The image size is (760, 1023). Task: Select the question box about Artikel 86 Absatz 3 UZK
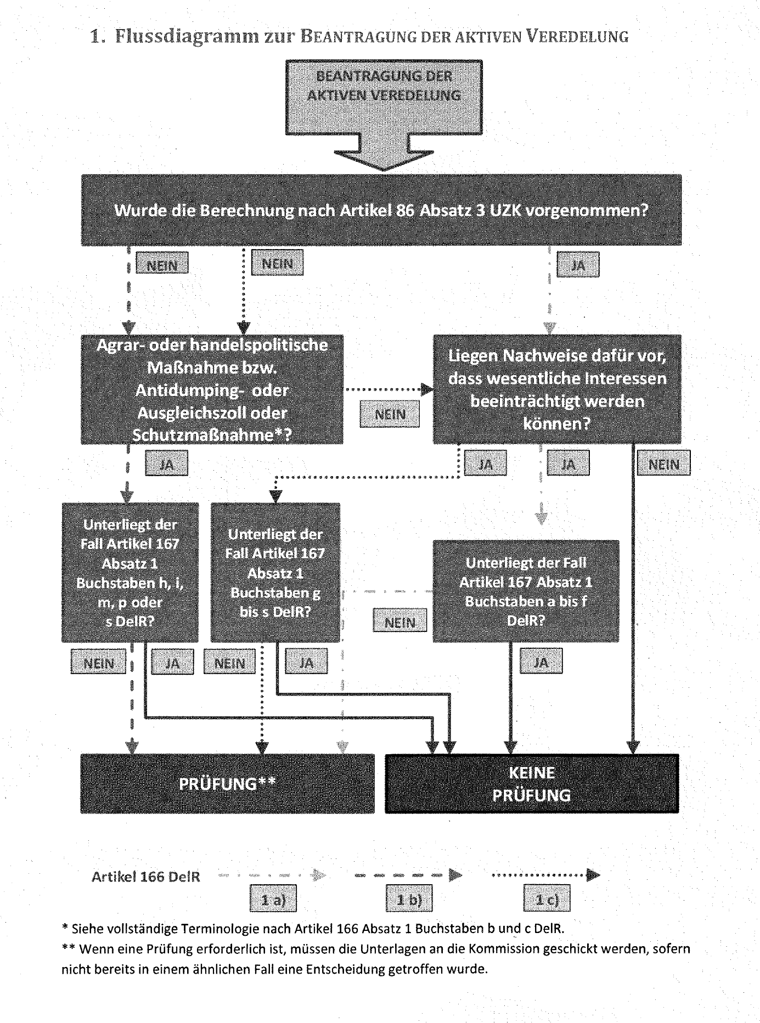click(x=381, y=210)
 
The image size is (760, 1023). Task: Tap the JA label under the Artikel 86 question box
click(x=578, y=266)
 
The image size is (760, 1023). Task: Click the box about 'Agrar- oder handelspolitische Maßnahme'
click(x=212, y=389)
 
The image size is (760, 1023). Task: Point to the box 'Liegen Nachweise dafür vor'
click(x=557, y=389)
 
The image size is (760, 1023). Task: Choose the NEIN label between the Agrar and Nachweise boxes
click(x=390, y=415)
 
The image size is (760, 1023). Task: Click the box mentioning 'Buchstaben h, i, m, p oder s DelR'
click(x=130, y=573)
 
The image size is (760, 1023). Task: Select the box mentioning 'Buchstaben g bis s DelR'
click(x=275, y=573)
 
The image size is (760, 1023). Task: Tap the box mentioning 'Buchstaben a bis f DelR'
click(x=526, y=591)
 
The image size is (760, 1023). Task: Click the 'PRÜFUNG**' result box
click(x=227, y=784)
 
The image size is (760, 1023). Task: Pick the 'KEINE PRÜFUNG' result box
click(x=532, y=784)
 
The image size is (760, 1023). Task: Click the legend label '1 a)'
click(x=273, y=900)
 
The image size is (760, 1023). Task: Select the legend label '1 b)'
click(x=409, y=900)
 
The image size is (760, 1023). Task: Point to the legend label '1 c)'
click(x=546, y=900)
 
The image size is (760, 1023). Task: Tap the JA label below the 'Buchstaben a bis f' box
click(x=541, y=663)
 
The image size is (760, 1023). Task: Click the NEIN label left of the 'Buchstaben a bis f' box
click(x=399, y=623)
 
